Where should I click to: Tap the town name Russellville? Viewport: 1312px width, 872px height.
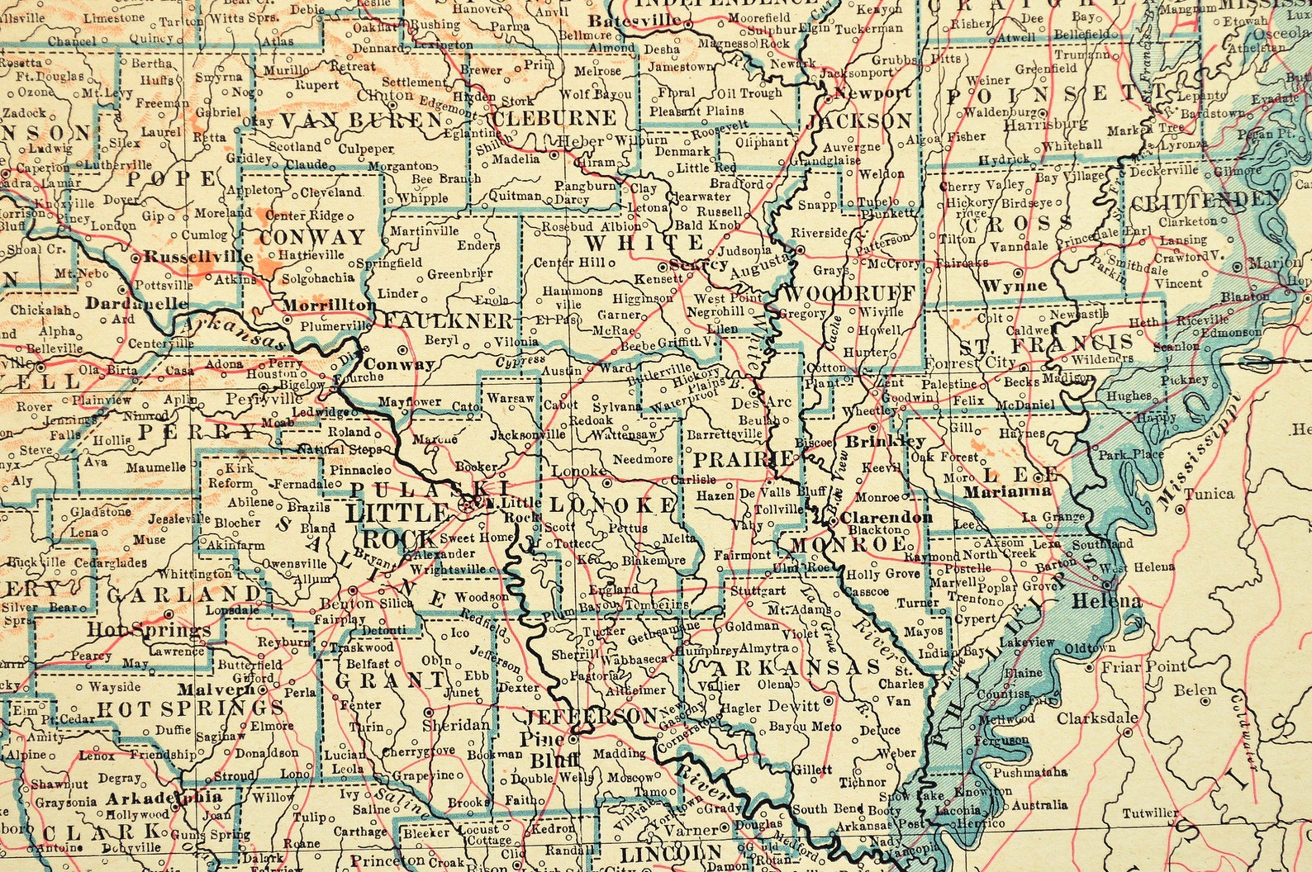198,257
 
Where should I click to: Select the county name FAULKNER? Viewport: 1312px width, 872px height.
448,320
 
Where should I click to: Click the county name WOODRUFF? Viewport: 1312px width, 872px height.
849,293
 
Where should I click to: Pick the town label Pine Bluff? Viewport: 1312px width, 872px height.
543,749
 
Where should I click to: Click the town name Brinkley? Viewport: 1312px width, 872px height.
897,442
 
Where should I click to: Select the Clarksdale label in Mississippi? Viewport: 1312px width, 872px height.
1097,718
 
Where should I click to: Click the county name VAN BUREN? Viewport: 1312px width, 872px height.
361,121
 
